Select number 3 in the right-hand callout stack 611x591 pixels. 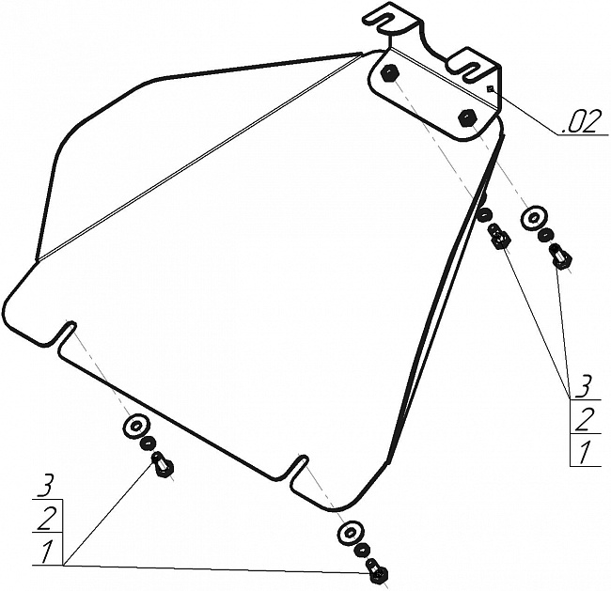tap(584, 384)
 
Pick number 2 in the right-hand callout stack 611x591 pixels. tap(584, 419)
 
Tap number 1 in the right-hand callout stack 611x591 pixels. tap(584, 453)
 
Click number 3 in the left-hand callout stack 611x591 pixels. tap(44, 486)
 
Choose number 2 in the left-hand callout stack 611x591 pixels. tap(44, 518)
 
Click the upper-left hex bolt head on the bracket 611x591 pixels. tap(392, 73)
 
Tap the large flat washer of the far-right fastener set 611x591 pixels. tap(533, 217)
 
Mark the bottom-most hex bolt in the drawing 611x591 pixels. tap(378, 570)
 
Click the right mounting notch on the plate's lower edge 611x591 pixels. tap(298, 464)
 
